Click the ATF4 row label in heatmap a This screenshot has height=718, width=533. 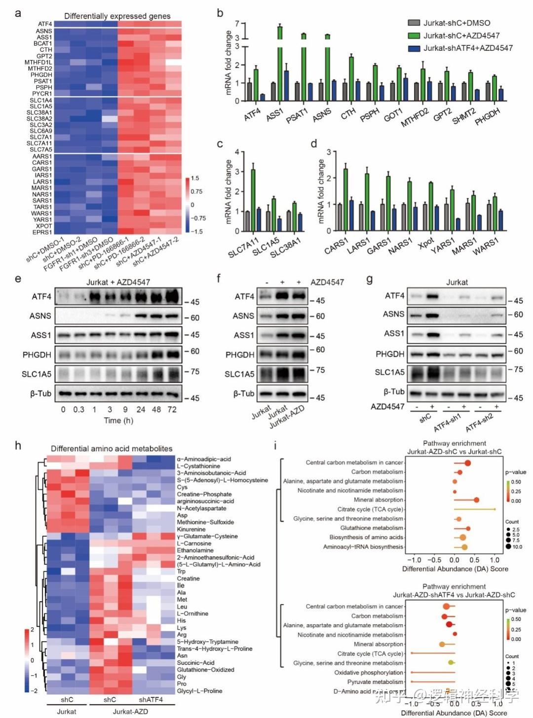(x=45, y=24)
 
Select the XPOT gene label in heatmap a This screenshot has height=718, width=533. (x=44, y=226)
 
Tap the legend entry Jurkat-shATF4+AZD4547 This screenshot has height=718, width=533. (x=467, y=48)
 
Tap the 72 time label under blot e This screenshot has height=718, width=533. (x=172, y=409)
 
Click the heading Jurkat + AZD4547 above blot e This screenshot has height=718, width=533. (x=118, y=282)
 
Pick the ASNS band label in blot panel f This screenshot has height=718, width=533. (x=243, y=316)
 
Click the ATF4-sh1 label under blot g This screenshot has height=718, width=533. (x=448, y=422)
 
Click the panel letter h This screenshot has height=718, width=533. (x=18, y=446)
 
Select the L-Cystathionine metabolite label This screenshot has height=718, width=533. (x=199, y=466)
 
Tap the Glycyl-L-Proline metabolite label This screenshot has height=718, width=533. (x=200, y=691)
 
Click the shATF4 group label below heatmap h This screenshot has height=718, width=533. (x=151, y=699)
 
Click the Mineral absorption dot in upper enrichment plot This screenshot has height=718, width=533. (x=476, y=500)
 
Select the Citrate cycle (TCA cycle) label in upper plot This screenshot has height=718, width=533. (x=370, y=509)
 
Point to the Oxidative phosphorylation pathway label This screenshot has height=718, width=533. (x=369, y=673)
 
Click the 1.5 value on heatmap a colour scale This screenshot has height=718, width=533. (x=195, y=179)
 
